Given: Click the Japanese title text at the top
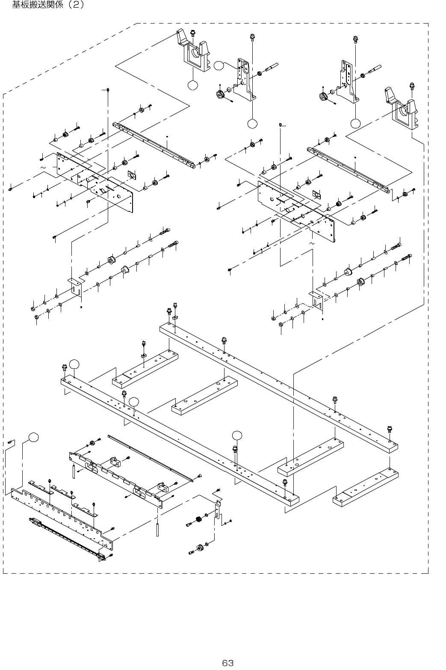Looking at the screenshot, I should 48,5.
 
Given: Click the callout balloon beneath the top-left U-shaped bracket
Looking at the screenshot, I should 193,85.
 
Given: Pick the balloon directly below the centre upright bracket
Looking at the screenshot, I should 252,124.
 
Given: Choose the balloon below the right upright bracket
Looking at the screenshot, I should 355,124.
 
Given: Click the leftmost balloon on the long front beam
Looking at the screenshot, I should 75,364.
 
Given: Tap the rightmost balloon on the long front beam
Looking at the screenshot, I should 237,435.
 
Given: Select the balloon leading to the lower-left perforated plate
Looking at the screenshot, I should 33,437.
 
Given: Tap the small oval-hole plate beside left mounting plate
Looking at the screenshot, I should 132,175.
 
